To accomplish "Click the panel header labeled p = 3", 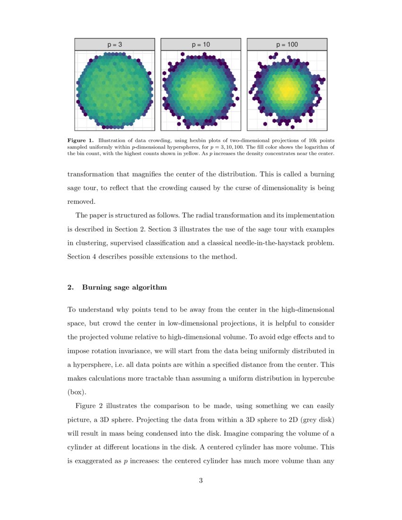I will (114, 44).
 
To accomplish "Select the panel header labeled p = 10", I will (201, 44).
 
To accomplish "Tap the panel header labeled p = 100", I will (287, 44).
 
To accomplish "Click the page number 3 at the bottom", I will (201, 481).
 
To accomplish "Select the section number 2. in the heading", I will (71, 287).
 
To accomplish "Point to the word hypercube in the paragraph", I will (318, 378).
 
